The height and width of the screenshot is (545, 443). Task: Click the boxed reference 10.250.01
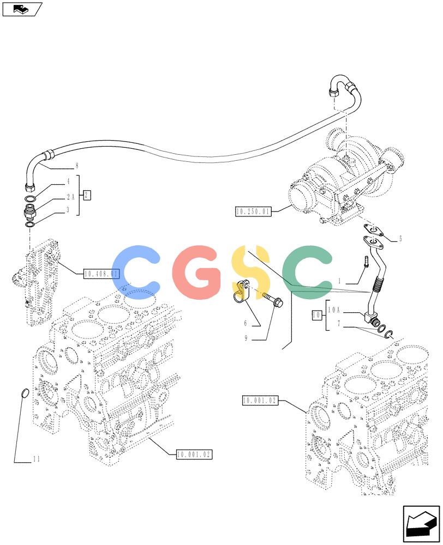[x=253, y=211]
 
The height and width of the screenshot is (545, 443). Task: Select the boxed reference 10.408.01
[x=101, y=274]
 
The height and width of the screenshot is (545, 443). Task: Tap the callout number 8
[x=77, y=166]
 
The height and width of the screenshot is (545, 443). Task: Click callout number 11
[x=37, y=459]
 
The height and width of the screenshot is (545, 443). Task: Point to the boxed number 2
[x=87, y=195]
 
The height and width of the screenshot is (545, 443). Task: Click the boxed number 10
[x=316, y=315]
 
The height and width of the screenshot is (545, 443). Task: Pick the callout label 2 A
[x=71, y=197]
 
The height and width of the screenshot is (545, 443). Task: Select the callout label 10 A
[x=334, y=310]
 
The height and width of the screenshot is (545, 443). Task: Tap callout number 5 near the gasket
[x=400, y=239]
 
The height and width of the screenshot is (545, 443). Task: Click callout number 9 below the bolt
[x=246, y=338]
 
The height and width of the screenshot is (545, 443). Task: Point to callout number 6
[x=246, y=323]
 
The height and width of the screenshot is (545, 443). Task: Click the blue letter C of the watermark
[x=136, y=272]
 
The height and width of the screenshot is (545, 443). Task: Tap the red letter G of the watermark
[x=196, y=272]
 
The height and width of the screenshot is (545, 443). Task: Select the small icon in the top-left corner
[x=22, y=9]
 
